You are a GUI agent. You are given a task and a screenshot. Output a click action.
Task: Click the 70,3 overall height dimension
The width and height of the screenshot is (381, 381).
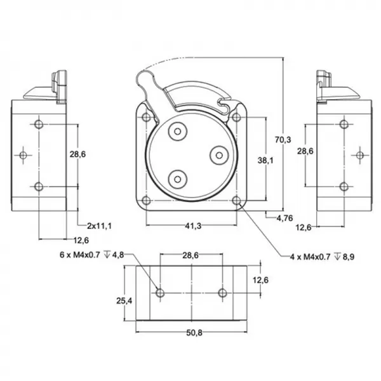pyautogui.click(x=283, y=140)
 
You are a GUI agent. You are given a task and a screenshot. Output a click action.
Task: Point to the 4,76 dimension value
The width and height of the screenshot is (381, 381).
pyautogui.click(x=285, y=218)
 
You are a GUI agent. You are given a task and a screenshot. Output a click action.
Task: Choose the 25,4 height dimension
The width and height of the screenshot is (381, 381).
pyautogui.click(x=124, y=300)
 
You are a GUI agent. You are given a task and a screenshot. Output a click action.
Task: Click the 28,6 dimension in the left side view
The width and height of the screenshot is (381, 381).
pyautogui.click(x=78, y=154)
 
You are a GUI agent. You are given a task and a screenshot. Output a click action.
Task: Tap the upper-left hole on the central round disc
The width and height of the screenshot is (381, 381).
pyautogui.click(x=177, y=131)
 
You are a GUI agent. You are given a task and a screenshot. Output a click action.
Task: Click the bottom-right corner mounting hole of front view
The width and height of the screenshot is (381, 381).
pyautogui.click(x=237, y=201)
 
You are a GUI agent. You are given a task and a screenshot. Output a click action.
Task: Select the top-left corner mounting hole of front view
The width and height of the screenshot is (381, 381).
pyautogui.click(x=147, y=117)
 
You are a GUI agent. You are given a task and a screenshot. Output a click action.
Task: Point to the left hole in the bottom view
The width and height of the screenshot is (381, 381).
pyautogui.click(x=160, y=293)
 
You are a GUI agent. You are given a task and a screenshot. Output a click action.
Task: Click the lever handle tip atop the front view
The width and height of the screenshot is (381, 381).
pyautogui.click(x=144, y=79)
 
